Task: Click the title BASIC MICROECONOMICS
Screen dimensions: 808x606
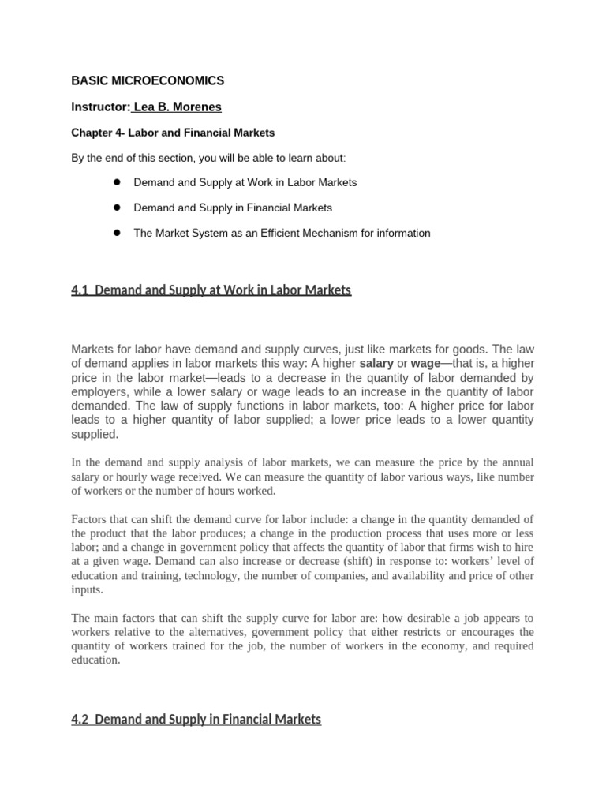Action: [148, 80]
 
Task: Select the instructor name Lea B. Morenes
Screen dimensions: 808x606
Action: [178, 107]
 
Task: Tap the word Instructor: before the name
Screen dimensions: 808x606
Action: [99, 107]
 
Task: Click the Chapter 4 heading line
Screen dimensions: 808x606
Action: [173, 133]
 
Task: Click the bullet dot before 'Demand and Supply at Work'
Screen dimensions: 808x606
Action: [115, 181]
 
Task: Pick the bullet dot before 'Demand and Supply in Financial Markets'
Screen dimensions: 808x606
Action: [115, 207]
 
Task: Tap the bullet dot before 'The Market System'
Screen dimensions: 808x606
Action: [115, 232]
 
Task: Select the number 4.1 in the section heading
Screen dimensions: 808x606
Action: [80, 290]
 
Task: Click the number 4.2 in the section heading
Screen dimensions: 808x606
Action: [80, 719]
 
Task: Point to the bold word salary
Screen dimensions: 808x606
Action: [376, 364]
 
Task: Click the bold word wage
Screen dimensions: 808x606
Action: [425, 364]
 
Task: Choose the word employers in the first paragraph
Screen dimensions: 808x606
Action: [99, 391]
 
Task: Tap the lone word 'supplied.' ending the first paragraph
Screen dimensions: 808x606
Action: [95, 434]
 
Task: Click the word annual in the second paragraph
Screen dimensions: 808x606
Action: [515, 462]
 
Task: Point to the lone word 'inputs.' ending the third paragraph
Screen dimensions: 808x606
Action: [87, 589]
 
